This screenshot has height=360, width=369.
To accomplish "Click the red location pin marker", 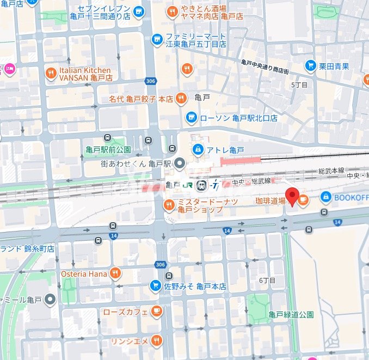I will point(292,196).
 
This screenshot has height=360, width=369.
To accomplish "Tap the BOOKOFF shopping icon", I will point(325,197).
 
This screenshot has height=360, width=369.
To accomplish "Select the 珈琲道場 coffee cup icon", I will point(303,200).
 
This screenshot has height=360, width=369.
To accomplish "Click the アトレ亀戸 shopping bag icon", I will point(198,149).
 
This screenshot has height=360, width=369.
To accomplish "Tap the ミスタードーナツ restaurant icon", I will point(169,205).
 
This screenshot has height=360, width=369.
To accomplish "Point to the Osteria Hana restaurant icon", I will point(115,273).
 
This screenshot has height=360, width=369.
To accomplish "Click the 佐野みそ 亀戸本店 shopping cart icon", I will point(155,286).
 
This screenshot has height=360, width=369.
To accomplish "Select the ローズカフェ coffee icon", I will point(156,312).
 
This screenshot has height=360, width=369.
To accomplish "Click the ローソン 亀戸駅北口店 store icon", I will point(191,117).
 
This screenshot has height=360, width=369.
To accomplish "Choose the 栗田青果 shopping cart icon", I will point(310,66).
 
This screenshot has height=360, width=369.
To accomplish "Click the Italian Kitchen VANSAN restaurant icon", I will point(51,72).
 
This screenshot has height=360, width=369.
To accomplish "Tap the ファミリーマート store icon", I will point(157,39).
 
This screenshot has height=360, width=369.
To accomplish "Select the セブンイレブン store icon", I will point(139,10).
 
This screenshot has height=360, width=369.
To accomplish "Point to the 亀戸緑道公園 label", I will point(291,315).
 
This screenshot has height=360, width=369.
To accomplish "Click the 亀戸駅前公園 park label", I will point(108,149).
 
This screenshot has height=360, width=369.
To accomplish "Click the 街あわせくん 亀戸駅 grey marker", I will point(181,163).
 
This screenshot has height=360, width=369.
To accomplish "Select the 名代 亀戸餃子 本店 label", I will point(148,99).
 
